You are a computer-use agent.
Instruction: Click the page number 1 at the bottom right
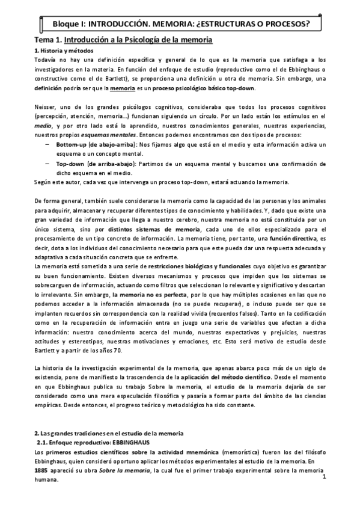323,478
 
